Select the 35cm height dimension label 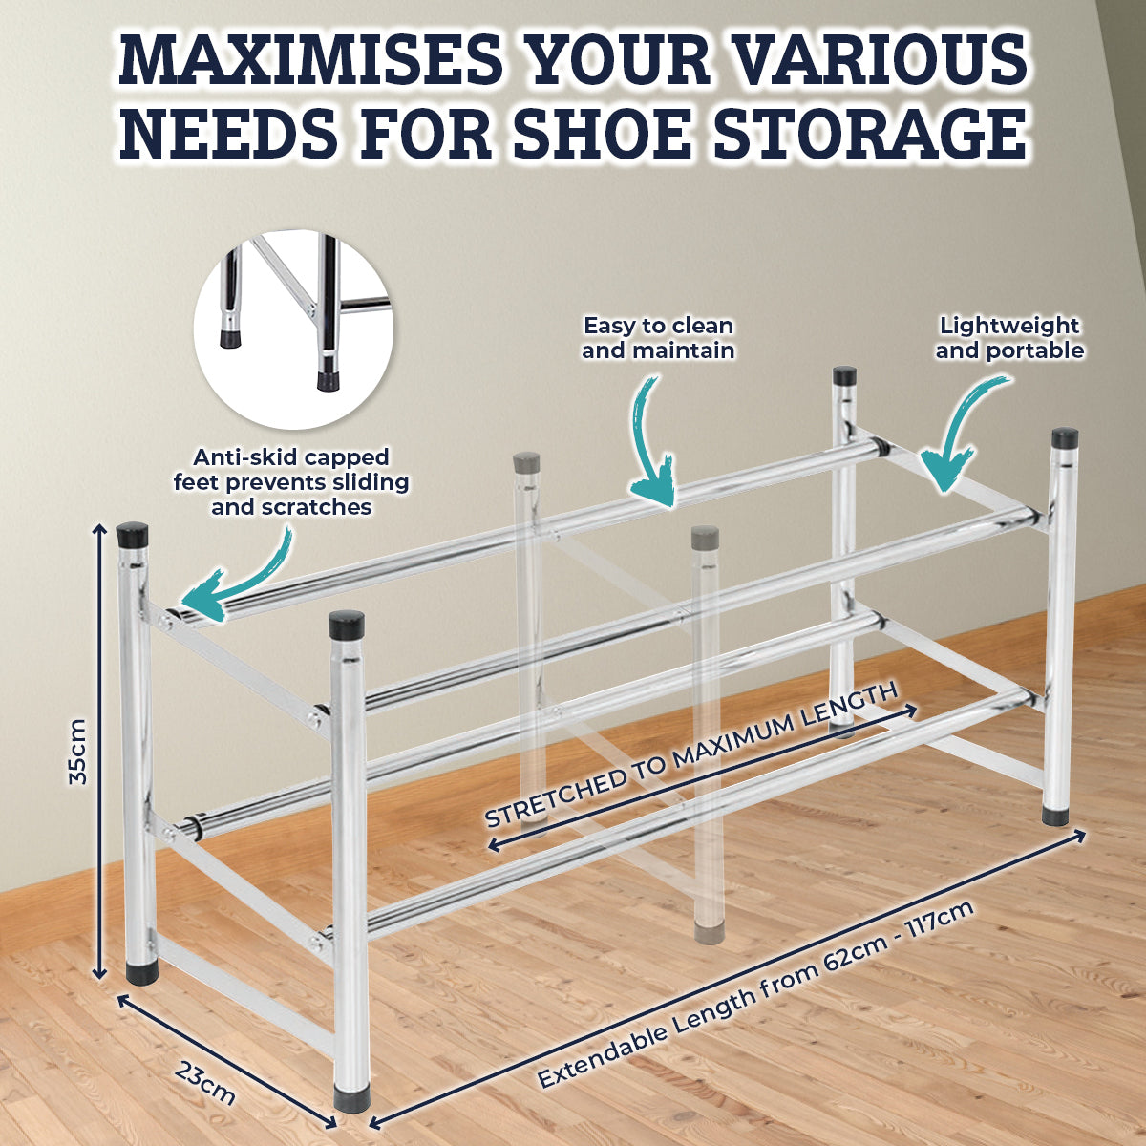[78, 752]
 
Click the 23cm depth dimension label [204, 1082]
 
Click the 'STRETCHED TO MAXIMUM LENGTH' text [690, 755]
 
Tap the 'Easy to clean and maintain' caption [658, 338]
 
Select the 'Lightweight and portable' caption [1009, 338]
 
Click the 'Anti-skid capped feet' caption [291, 481]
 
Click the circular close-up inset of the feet [292, 329]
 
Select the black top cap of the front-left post [132, 535]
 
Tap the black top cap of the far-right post [1065, 438]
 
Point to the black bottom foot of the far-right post [1055, 816]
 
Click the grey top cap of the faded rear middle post [526, 461]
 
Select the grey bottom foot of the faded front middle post [709, 936]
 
